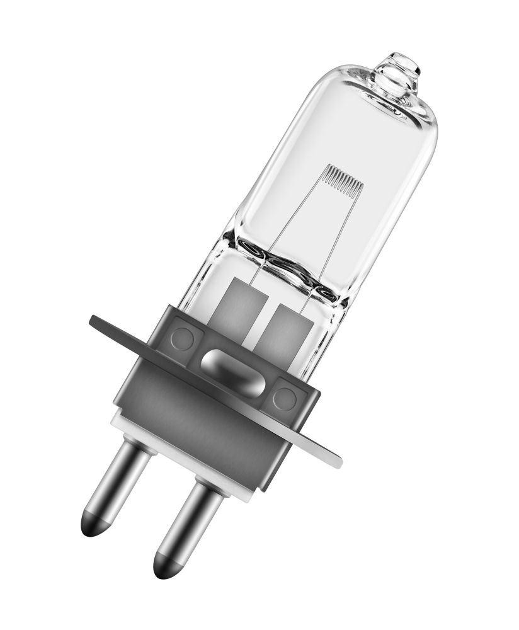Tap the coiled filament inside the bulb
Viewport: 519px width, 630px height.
(343, 178)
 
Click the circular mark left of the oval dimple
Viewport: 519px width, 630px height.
(183, 338)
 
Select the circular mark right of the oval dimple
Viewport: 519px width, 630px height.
(284, 399)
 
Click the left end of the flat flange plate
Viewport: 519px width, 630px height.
(101, 322)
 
